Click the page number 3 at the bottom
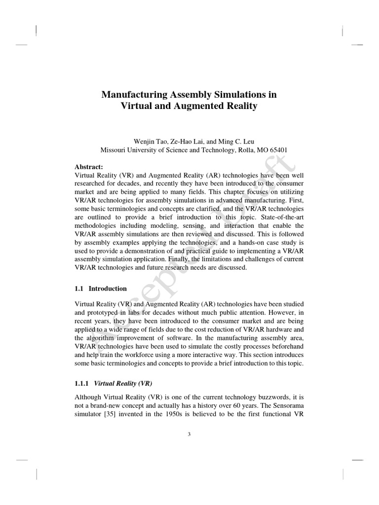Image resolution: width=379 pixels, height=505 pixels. pos(189,434)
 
